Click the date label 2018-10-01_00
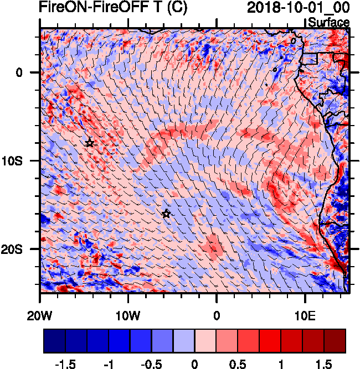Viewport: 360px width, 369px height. [298, 8]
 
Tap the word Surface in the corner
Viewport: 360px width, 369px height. [328, 23]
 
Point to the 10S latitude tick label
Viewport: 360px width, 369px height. [22, 160]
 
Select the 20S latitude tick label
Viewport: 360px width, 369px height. [22, 249]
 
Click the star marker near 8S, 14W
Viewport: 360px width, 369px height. [90, 143]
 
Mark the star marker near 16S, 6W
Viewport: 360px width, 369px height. [166, 214]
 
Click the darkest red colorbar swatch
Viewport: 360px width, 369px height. [335, 341]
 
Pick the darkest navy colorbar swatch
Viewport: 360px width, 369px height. [55, 341]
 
